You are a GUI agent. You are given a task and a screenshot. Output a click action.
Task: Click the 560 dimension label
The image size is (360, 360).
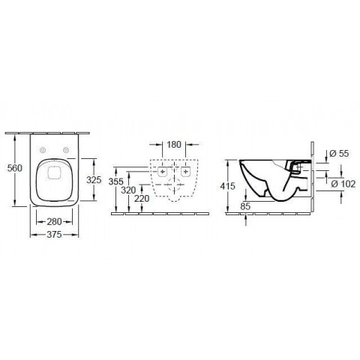[15, 168]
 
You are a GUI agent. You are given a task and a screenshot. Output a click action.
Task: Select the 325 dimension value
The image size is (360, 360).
[94, 180]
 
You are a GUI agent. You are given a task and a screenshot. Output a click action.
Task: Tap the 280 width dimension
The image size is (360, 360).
[55, 221]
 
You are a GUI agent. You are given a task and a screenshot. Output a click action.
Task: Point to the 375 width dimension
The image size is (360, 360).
[54, 235]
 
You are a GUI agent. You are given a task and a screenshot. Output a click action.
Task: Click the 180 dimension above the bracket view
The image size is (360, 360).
[174, 145]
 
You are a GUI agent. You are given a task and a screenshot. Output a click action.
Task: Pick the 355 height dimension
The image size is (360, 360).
[116, 181]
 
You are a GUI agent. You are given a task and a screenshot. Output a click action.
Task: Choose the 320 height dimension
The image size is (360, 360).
[128, 190]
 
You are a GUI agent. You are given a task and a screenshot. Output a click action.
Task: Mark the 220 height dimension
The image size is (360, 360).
[142, 199]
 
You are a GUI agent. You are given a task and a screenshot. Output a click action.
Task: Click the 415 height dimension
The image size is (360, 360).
[228, 186]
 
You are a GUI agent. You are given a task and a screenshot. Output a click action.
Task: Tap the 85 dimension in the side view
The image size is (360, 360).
[245, 206]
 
